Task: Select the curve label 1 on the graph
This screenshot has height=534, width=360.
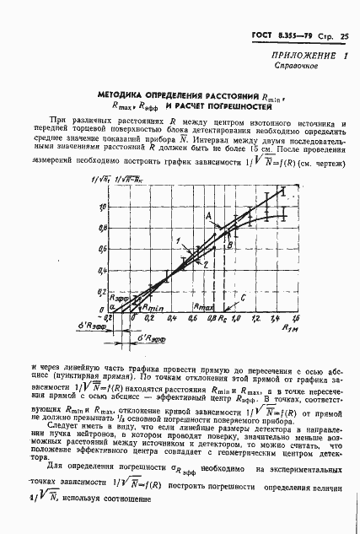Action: tap(179, 241)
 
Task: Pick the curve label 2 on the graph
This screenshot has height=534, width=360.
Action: tap(204, 265)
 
